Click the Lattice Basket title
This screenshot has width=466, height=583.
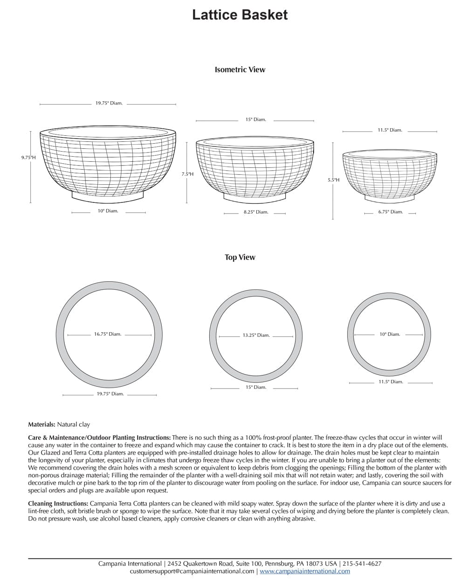click(x=240, y=15)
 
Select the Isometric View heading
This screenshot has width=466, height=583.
click(x=240, y=69)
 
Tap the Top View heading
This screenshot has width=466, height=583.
click(x=240, y=257)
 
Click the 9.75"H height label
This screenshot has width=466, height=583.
click(x=28, y=158)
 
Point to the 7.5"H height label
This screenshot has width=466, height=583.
click(x=187, y=174)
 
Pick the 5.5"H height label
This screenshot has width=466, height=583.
click(x=333, y=180)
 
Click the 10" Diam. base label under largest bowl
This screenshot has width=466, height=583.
click(x=108, y=211)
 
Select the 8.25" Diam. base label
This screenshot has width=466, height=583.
click(x=256, y=212)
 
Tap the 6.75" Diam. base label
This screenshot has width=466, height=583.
click(x=391, y=212)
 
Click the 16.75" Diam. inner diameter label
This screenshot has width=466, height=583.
click(x=108, y=334)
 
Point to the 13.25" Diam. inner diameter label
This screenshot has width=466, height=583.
click(x=256, y=335)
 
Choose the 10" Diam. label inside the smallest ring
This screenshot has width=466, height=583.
click(x=390, y=334)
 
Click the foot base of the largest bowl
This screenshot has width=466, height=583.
click(x=108, y=197)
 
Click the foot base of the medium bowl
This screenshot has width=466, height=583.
click(x=255, y=198)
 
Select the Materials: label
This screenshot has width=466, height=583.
click(x=42, y=424)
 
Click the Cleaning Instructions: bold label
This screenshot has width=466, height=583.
click(x=58, y=504)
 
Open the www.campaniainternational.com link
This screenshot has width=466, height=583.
click(x=305, y=571)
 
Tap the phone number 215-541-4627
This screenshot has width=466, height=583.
click(x=362, y=563)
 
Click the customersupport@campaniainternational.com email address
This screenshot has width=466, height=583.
click(x=192, y=571)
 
